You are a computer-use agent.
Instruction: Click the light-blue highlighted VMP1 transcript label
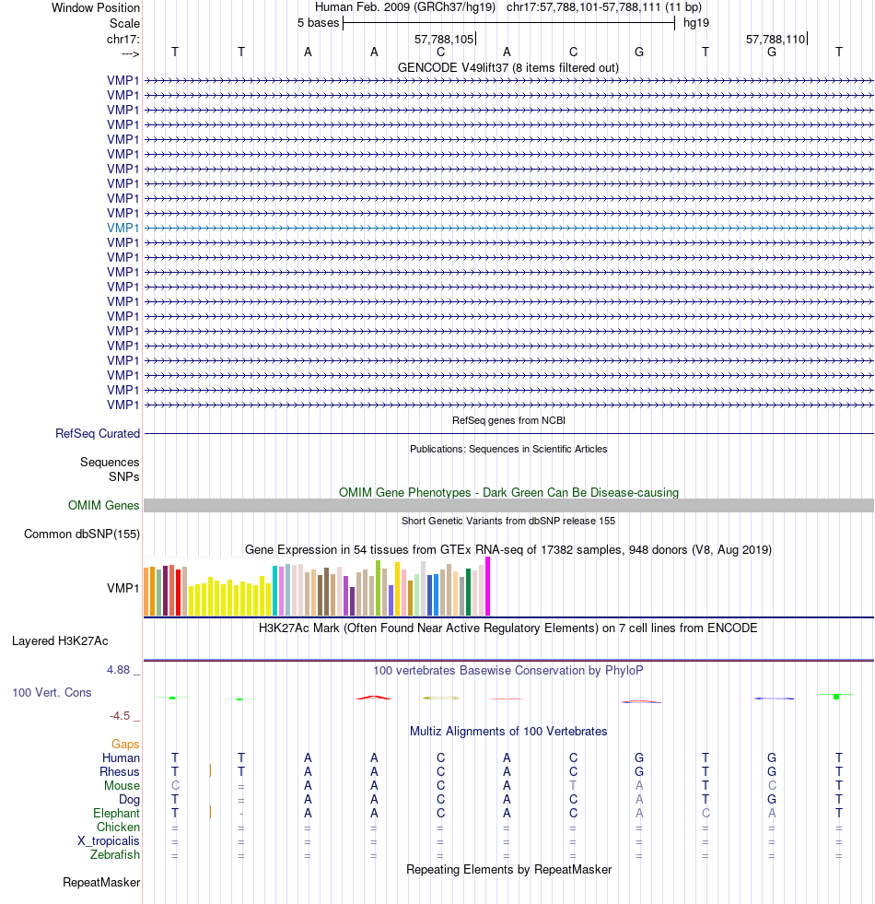click(x=123, y=228)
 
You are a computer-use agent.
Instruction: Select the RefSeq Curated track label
click(x=98, y=433)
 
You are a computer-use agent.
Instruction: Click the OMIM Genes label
click(x=104, y=505)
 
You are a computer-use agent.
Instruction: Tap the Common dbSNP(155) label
click(x=82, y=534)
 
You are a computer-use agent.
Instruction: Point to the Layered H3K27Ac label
click(x=66, y=640)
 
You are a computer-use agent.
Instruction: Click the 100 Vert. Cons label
click(x=52, y=692)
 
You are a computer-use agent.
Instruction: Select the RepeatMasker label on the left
click(x=101, y=883)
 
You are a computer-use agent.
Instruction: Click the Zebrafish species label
click(x=115, y=855)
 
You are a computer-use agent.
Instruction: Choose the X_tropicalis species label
click(x=109, y=841)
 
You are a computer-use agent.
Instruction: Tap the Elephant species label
click(x=116, y=814)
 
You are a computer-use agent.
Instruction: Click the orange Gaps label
click(x=125, y=744)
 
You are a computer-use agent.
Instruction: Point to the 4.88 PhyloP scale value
click(x=122, y=670)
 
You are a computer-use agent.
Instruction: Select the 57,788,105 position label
click(x=444, y=40)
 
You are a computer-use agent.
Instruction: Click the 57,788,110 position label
click(x=776, y=40)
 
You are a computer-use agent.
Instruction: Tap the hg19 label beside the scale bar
click(x=695, y=22)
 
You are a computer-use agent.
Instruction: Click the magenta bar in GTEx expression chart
click(x=488, y=587)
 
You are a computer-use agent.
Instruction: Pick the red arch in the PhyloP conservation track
click(x=373, y=697)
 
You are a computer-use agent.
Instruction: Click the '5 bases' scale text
click(x=318, y=22)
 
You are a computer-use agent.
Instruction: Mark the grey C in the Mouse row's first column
click(x=175, y=785)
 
